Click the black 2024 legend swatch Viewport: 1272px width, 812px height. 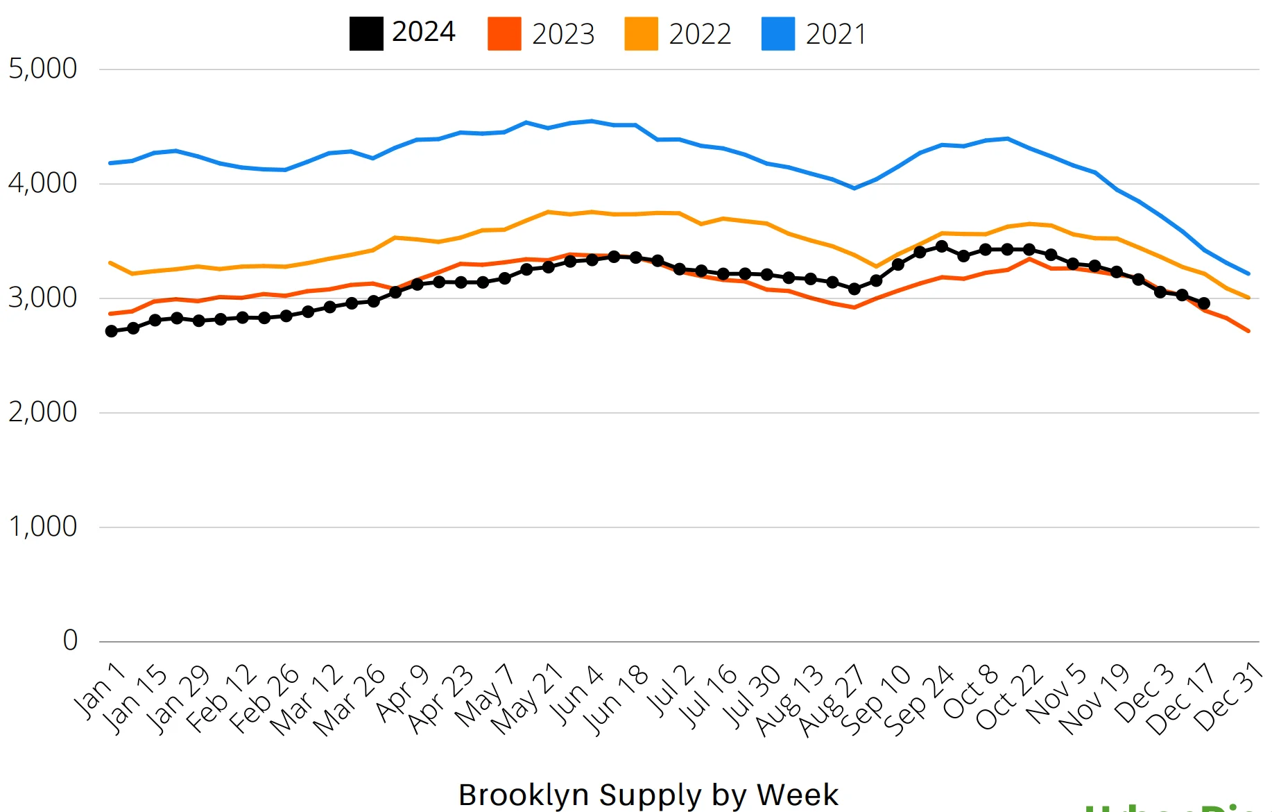pyautogui.click(x=366, y=34)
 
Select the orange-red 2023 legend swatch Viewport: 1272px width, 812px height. pyautogui.click(x=504, y=34)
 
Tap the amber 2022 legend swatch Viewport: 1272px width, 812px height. pyautogui.click(x=641, y=34)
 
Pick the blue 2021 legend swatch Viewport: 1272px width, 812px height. pyautogui.click(x=777, y=34)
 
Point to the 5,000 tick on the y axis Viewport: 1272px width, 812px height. pyautogui.click(x=42, y=69)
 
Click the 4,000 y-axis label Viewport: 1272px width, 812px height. pyautogui.click(x=42, y=183)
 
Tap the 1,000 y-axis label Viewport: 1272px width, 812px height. pyautogui.click(x=42, y=527)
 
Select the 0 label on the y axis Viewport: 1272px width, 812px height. pyautogui.click(x=70, y=641)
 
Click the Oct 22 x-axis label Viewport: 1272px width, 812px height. pyautogui.click(x=1010, y=697)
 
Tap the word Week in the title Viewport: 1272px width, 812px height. pyautogui.click(x=798, y=795)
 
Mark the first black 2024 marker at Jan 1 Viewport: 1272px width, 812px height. pyautogui.click(x=112, y=331)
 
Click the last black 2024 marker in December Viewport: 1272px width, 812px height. pyautogui.click(x=1204, y=303)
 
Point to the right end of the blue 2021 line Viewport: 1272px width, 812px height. pyautogui.click(x=1248, y=273)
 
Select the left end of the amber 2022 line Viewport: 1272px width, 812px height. pyautogui.click(x=110, y=263)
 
